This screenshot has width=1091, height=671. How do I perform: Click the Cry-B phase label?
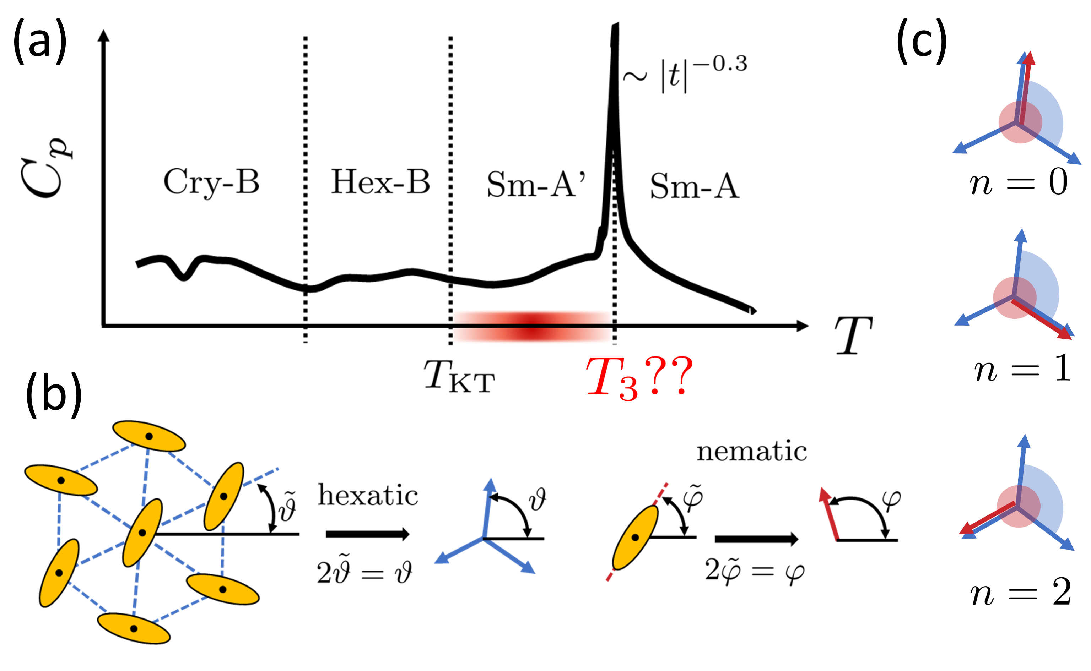pos(211,182)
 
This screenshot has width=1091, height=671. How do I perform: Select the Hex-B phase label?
pos(380,182)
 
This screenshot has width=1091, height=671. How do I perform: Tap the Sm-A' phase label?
pos(535,184)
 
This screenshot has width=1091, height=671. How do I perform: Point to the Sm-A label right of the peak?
pos(695,186)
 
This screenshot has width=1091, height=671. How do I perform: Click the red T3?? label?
pos(638,377)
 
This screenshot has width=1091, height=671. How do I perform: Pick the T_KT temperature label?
pos(459,376)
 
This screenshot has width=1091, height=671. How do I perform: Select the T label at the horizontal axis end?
pos(853,335)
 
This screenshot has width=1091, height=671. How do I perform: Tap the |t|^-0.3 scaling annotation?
pos(686,73)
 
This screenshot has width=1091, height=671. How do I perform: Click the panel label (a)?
pos(40,42)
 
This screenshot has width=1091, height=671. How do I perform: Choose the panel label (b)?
pos(53,394)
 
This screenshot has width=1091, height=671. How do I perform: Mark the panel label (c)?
pos(922,42)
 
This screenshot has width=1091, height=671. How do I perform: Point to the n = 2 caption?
pos(1020,593)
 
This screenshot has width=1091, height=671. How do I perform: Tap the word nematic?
pos(751,452)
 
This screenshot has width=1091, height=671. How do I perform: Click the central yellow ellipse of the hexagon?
pos(142,533)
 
